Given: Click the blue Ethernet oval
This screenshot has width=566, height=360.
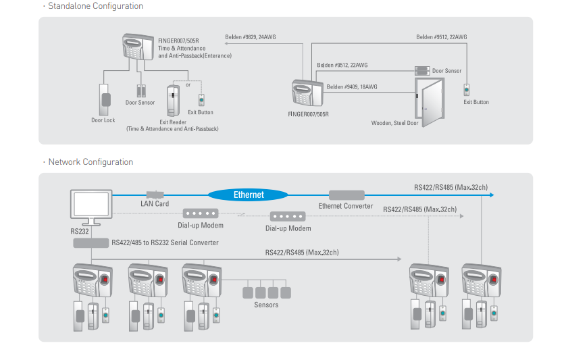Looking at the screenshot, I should pos(249,195).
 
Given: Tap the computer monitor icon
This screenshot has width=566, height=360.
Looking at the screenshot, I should pos(91,206).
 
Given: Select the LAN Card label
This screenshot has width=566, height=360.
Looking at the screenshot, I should pos(155,203).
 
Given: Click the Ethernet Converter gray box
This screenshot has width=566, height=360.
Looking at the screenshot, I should pos(346,195).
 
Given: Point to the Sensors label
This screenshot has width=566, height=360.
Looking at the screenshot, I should pos(266,305).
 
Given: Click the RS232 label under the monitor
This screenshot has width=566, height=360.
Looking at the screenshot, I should pos(80,231).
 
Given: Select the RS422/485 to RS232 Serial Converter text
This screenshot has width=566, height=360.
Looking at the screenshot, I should pos(165,242).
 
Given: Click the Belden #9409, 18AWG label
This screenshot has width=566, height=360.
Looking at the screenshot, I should pos(352,86).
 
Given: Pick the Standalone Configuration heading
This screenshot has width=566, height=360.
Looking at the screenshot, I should pos(95,6).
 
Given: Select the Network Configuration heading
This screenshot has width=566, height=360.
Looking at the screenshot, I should pos(91,162).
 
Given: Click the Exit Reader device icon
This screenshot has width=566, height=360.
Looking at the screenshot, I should pos(174,99).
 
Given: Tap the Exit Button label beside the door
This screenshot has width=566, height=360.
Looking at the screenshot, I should pos(476,102).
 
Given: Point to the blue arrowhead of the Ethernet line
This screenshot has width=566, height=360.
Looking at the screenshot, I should pos(490,195).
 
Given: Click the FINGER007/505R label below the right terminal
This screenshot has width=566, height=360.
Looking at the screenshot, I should pos(308,114).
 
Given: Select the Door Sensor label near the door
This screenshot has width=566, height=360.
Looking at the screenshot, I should pos(447,70).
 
